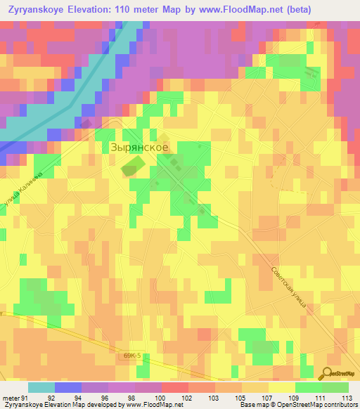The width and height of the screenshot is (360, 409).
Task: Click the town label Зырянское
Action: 139,148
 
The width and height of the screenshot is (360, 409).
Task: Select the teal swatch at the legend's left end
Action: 41,387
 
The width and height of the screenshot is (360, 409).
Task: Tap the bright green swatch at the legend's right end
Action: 335,387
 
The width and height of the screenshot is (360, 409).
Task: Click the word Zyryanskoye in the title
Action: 40,9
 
